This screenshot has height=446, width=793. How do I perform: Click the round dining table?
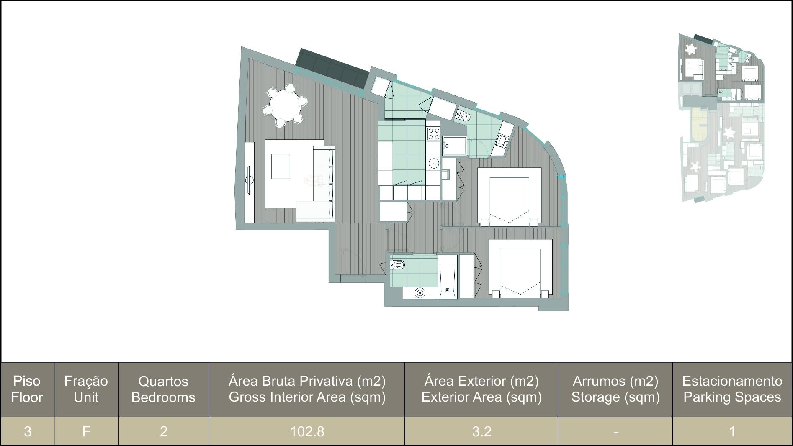[x=285, y=106]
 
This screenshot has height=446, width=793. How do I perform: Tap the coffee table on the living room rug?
[x=281, y=167]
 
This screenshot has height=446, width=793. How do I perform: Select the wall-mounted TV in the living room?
[x=250, y=180]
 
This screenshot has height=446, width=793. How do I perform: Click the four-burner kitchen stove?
[x=433, y=133]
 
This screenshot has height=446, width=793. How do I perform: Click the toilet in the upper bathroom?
[x=463, y=115]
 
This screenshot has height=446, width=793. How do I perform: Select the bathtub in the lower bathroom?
[x=447, y=276]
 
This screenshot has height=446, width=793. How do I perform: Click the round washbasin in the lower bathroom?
[x=420, y=293]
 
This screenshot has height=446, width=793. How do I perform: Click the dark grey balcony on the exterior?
[x=332, y=69]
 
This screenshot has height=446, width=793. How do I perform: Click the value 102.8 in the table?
[x=307, y=431]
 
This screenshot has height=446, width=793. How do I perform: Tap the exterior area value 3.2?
[x=482, y=431]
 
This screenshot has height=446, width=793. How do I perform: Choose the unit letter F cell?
[x=86, y=431]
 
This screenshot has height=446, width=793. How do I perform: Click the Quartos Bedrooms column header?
[x=163, y=389]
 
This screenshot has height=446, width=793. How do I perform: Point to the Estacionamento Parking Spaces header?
[x=732, y=389]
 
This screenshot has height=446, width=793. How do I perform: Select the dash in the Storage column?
[x=616, y=432]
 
